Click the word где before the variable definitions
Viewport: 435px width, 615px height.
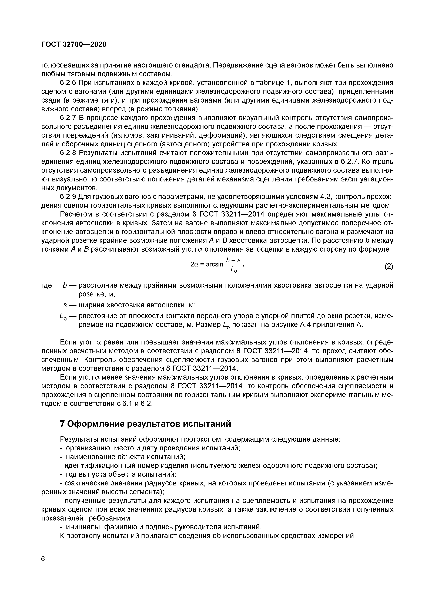(47, 286)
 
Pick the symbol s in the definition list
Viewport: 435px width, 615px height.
(65, 305)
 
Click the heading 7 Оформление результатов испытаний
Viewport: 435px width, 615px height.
(145, 424)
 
